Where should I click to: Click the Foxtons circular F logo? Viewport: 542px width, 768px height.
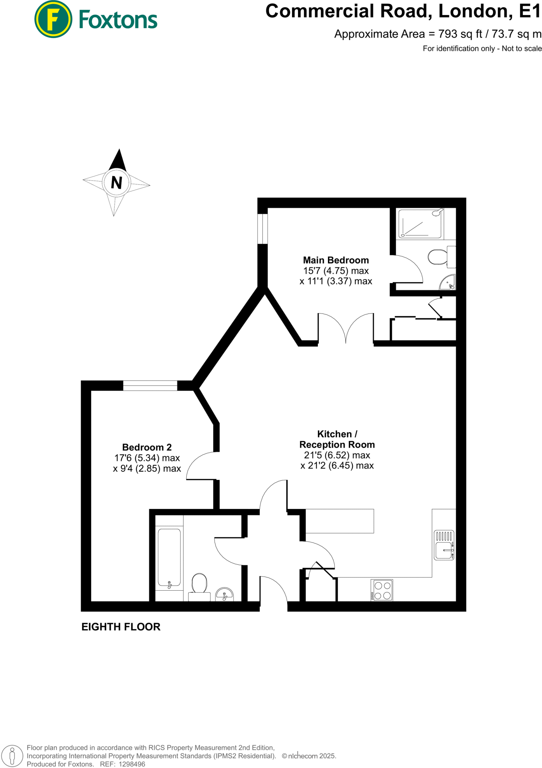pos(53,19)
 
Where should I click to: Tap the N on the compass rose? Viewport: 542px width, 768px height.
pos(117,183)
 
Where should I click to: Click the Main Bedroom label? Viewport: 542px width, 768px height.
pos(336,260)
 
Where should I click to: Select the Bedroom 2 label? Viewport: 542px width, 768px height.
pos(147,447)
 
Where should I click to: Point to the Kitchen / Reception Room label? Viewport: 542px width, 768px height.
pos(337,439)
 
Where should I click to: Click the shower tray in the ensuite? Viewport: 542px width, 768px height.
pos(420,224)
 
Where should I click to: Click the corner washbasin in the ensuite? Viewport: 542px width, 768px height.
pos(448,283)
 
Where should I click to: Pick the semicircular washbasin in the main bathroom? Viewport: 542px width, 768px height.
pos(225,594)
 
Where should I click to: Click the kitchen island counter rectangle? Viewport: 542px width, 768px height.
pos(340,521)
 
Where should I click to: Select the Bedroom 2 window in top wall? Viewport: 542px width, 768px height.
pos(150,385)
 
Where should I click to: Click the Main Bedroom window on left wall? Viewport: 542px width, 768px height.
pos(263,229)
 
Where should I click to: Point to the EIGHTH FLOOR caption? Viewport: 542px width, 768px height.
pos(121,627)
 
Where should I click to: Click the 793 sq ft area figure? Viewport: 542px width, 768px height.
pos(460,34)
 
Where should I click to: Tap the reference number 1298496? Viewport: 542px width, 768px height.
pos(132,764)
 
